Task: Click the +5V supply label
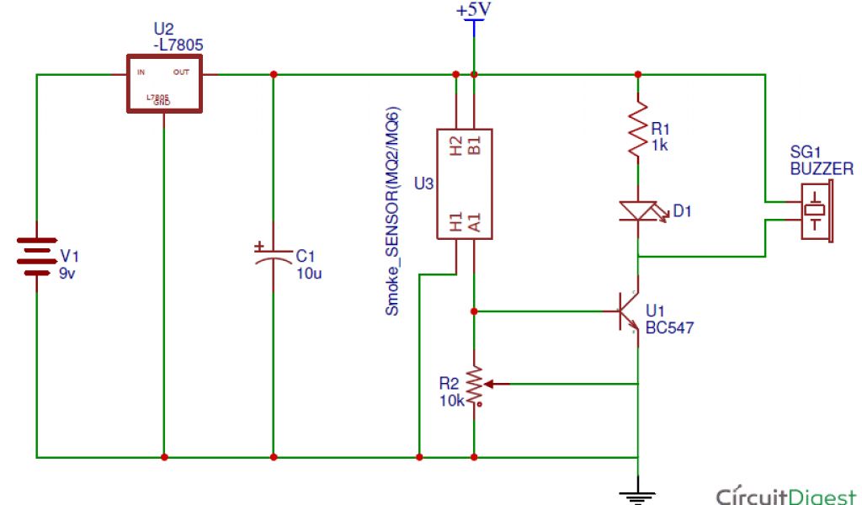point(473,11)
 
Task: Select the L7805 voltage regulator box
point(164,83)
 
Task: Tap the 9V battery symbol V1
point(37,261)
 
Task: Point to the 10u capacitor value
point(309,273)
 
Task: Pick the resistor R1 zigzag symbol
point(638,128)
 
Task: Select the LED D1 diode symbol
point(638,211)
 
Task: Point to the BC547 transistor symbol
point(630,311)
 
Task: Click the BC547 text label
point(669,328)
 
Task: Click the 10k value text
point(452,400)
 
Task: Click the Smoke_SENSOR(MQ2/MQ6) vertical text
point(392,210)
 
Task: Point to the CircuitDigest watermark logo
point(787,493)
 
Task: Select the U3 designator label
point(423,183)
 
